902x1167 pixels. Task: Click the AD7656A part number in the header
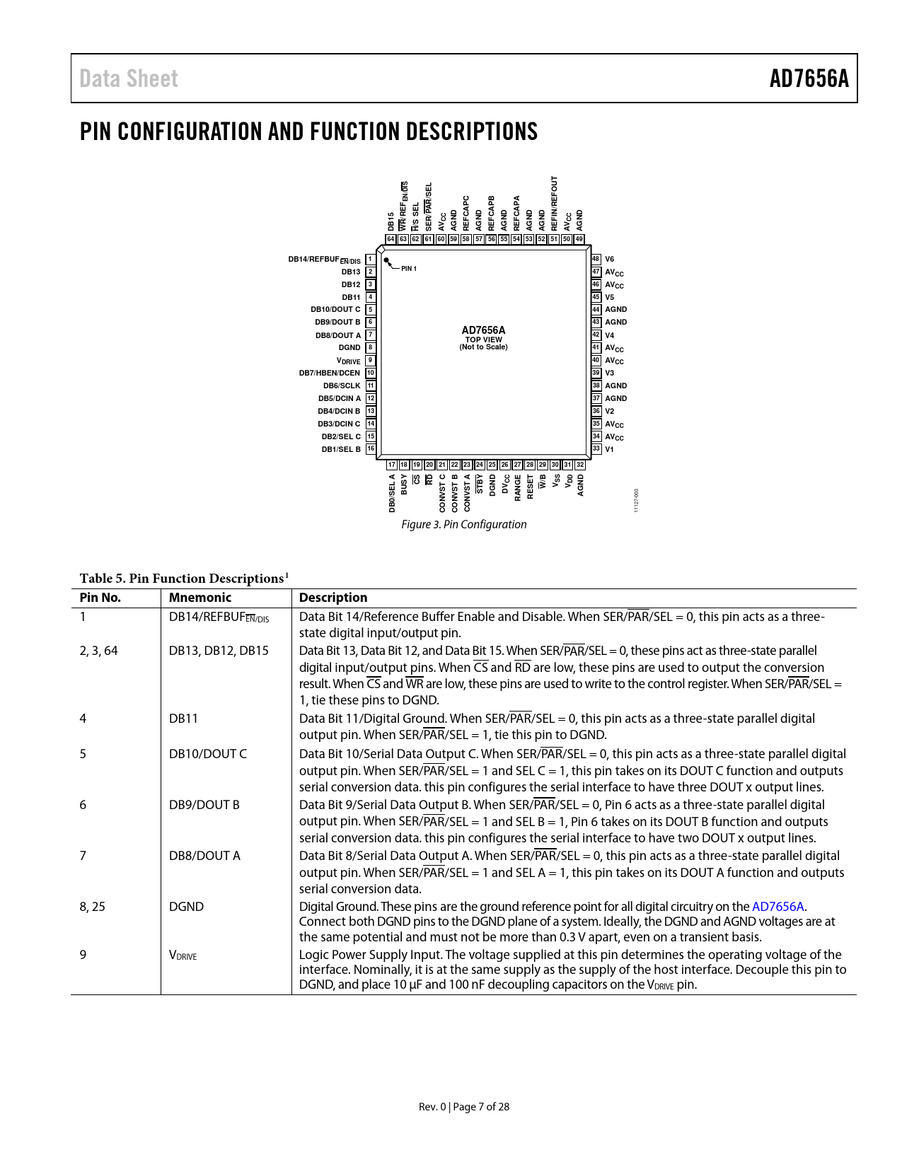coord(809,79)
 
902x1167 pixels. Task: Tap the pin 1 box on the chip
coord(370,260)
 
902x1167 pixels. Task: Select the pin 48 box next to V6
coord(596,260)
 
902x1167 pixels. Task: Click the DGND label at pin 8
coord(349,348)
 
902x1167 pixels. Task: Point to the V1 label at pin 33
coord(609,449)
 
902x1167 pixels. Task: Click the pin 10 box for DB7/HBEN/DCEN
coord(370,373)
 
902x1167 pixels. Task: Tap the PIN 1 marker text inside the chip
coord(409,269)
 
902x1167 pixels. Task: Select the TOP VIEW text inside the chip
coord(483,339)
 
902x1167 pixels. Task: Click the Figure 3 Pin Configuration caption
coord(463,524)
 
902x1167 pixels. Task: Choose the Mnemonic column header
coord(200,598)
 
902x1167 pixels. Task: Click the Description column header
coord(333,598)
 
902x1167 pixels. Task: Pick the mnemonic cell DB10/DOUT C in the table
coord(208,754)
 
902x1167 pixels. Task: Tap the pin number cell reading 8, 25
coord(93,907)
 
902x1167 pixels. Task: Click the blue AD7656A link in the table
coord(777,907)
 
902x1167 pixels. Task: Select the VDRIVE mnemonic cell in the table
coord(183,956)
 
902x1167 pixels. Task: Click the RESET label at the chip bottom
coord(531,487)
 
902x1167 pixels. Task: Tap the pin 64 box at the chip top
coord(391,239)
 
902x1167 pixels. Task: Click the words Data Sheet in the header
coord(129,79)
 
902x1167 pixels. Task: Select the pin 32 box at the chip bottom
coord(580,465)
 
